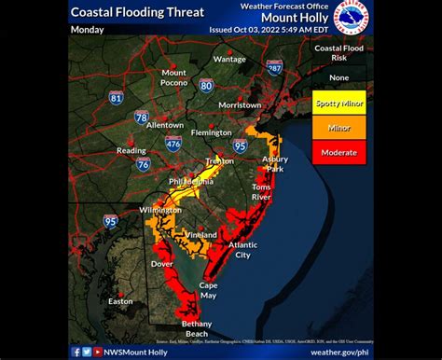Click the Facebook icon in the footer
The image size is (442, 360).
point(76,352)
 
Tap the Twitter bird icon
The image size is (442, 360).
point(87,352)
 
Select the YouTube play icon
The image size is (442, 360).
point(98,352)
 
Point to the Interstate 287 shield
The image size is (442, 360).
point(274,69)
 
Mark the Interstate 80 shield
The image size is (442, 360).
point(206,86)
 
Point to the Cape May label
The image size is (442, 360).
point(209,290)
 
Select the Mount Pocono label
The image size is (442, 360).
point(174,77)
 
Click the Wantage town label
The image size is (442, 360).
point(229,59)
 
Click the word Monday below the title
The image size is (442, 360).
point(87,30)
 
